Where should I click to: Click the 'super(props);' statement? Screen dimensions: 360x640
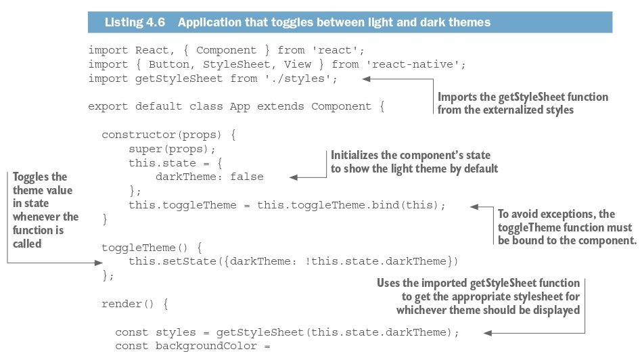pos(172,149)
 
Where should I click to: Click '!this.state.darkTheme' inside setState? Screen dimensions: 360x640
pos(380,261)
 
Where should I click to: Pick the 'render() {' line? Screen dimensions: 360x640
pos(135,304)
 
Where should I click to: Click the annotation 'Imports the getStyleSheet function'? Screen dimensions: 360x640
pos(522,97)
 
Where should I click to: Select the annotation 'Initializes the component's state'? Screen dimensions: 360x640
pos(410,156)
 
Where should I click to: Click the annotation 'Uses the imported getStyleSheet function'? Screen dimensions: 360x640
pos(478,284)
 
